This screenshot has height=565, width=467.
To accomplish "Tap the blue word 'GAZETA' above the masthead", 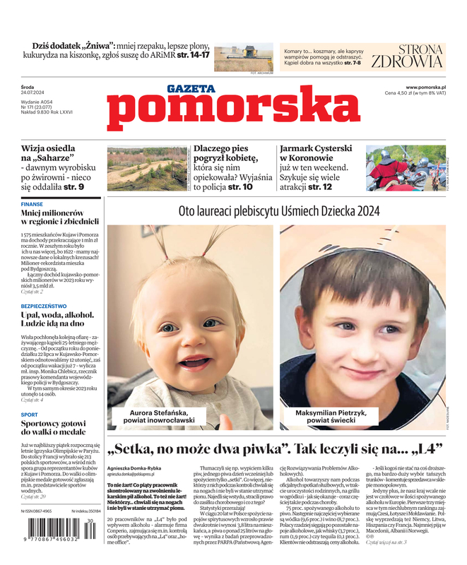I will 191,89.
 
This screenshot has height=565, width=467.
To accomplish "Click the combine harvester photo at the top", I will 243,56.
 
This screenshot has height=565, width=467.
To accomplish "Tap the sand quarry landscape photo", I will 147,168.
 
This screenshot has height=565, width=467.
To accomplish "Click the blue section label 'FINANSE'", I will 32,204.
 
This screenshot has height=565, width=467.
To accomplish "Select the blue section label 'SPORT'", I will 30,415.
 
